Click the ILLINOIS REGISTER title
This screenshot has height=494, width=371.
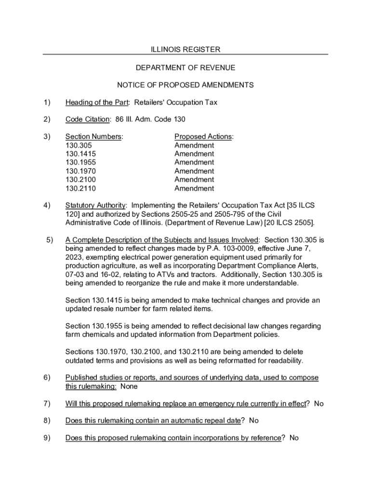tap(185, 49)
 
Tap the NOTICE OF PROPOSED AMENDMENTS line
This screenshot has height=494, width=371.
tap(185, 85)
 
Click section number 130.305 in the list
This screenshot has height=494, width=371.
tap(79, 145)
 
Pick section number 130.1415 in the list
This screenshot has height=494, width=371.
tap(80, 154)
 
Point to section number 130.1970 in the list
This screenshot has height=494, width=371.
tap(80, 171)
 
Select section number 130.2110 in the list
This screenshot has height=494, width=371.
tap(80, 189)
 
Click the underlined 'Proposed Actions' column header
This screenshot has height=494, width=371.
tap(203, 137)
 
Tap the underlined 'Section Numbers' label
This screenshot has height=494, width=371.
tap(93, 137)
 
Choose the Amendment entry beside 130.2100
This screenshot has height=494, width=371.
tap(194, 180)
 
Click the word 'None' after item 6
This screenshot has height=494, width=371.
tap(129, 386)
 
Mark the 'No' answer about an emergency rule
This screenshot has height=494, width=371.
tap(318, 404)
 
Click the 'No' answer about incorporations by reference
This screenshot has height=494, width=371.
tap(294, 438)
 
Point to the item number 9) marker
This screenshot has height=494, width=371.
tap(47, 438)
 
